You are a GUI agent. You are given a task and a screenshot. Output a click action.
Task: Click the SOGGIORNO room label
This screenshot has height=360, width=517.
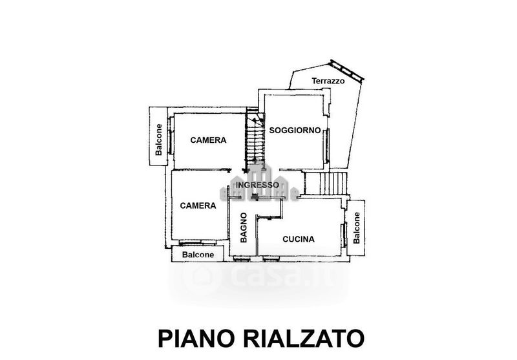click(295, 130)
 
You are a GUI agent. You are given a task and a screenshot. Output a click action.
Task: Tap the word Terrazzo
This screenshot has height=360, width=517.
click(328, 81)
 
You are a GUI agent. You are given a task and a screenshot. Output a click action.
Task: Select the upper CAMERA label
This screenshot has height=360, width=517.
click(207, 140)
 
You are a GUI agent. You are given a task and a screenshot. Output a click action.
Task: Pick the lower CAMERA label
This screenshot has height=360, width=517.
click(198, 206)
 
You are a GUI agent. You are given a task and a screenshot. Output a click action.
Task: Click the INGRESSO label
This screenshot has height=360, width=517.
click(257, 185)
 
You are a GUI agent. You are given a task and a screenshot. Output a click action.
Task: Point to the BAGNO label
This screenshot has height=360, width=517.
click(244, 227)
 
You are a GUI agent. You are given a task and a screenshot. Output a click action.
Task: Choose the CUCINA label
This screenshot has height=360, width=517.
click(299, 239)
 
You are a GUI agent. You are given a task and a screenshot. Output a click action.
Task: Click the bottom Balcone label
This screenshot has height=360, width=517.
click(198, 255)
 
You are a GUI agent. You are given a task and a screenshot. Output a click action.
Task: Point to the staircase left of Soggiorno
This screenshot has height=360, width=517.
click(254, 139)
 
